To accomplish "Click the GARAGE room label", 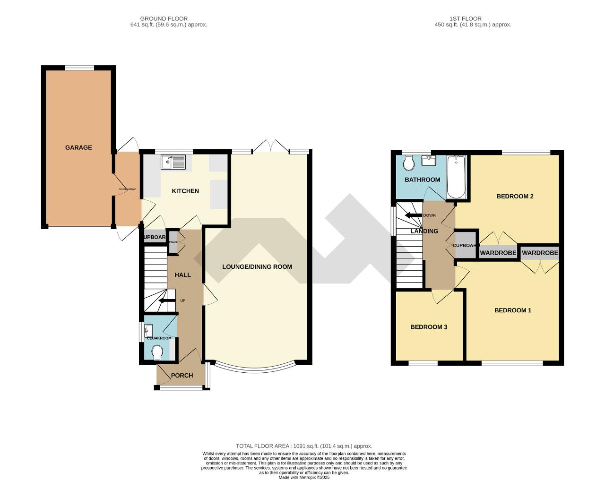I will (78, 147).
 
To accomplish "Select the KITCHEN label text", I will (185, 191).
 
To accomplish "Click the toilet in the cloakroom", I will (157, 352).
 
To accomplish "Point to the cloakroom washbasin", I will (149, 329).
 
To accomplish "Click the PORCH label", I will (181, 376).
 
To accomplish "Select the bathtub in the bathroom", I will (456, 177).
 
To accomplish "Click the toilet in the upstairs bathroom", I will (409, 163).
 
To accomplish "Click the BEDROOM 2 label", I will (515, 196).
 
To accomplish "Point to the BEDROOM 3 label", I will (428, 327).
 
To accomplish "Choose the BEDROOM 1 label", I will (513, 310).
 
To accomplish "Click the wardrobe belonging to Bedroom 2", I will (498, 253).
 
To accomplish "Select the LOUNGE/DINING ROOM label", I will (257, 266).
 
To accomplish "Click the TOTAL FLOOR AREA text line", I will (304, 446).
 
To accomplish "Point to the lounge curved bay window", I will (255, 368).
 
